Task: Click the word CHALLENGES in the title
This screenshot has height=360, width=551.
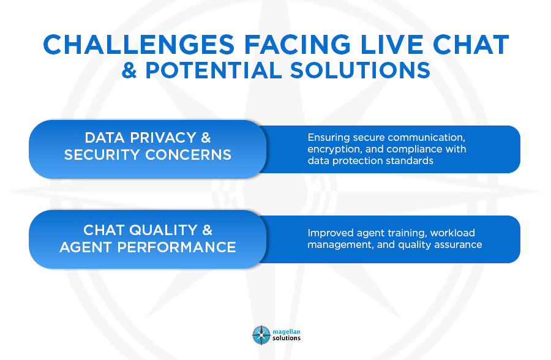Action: pos(139,45)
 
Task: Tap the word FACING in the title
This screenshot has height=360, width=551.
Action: pos(298,45)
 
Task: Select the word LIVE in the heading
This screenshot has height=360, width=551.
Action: pos(392,45)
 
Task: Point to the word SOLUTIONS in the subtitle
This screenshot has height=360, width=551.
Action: pos(360,70)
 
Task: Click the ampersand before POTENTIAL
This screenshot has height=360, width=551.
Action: pos(129,70)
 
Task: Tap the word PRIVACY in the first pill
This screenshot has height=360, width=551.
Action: pos(163,138)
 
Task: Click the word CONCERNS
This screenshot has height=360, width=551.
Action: pos(189,155)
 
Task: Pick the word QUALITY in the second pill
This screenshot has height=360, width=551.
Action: pos(163,230)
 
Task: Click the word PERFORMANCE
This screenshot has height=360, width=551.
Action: pos(176,247)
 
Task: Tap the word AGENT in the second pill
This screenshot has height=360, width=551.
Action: pos(86,247)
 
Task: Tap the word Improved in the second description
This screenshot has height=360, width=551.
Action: pos(331,233)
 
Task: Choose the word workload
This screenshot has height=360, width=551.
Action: pos(452,233)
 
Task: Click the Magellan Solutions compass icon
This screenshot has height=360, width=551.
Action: pos(261,335)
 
